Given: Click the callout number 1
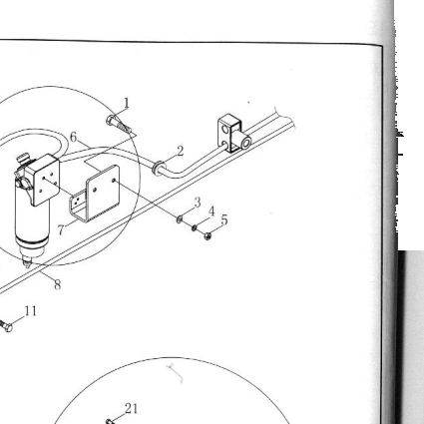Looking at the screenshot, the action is pyautogui.click(x=127, y=103).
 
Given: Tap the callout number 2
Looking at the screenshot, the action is pyautogui.click(x=181, y=152).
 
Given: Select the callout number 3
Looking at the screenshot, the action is pyautogui.click(x=198, y=203).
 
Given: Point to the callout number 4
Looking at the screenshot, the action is pyautogui.click(x=212, y=212).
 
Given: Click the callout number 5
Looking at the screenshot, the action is pyautogui.click(x=224, y=219).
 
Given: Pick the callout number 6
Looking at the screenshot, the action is pyautogui.click(x=74, y=137).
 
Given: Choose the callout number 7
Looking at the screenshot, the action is pyautogui.click(x=61, y=229).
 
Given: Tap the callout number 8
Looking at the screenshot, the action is pyautogui.click(x=58, y=284).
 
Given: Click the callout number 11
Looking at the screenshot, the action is pyautogui.click(x=31, y=311).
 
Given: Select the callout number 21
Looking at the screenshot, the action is pyautogui.click(x=131, y=408).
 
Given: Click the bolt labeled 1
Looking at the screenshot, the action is pyautogui.click(x=119, y=125).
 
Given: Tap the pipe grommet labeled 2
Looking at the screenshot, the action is pyautogui.click(x=159, y=169).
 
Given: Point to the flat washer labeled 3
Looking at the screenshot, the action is pyautogui.click(x=180, y=218).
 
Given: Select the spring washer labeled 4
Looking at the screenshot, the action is pyautogui.click(x=195, y=228).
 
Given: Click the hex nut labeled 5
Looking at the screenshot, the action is pyautogui.click(x=208, y=235).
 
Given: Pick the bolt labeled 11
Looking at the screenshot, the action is pyautogui.click(x=6, y=326).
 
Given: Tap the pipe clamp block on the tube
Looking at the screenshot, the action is pyautogui.click(x=233, y=134).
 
